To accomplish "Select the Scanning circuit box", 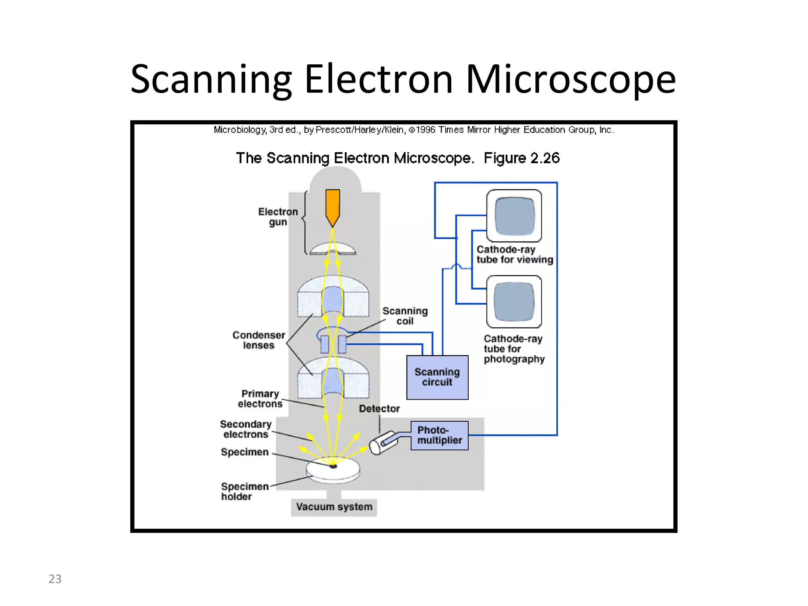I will click(437, 377).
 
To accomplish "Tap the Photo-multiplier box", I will click(440, 435).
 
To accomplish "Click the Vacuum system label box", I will click(334, 507).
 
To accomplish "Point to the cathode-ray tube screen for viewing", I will click(514, 216).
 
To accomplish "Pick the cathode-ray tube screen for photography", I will click(514, 301).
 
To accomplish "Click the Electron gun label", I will click(278, 217).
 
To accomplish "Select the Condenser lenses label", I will click(258, 340).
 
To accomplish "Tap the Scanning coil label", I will click(405, 316).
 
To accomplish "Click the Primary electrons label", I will click(260, 399).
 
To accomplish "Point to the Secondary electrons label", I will click(246, 429).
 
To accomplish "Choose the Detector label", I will click(379, 409).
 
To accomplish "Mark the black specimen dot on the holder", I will click(333, 466).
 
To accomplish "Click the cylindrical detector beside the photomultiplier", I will click(380, 444).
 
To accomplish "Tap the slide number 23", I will click(55, 579).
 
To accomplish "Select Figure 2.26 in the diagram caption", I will click(521, 158).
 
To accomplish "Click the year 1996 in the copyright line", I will click(426, 130).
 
